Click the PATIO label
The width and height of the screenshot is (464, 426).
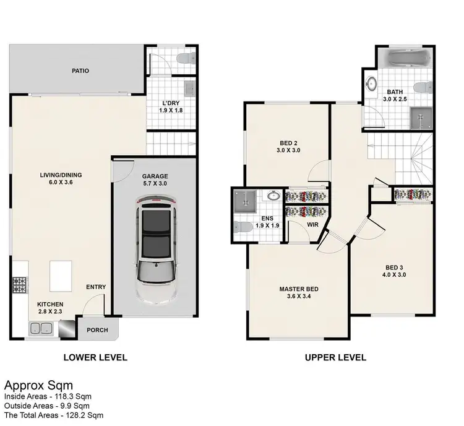[x=79, y=71]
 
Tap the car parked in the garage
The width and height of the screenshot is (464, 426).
[x=155, y=248]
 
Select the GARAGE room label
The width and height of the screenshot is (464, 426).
[x=155, y=176]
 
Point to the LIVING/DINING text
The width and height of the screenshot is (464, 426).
[x=61, y=175]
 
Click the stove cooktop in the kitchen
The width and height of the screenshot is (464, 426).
[x=19, y=285]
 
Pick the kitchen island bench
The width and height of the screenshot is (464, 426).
[x=61, y=273]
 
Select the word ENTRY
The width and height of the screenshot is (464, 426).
[x=97, y=287]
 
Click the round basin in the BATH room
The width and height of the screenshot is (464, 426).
[x=372, y=84]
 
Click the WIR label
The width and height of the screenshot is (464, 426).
[x=312, y=224]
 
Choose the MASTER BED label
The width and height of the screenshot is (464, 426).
[x=299, y=289]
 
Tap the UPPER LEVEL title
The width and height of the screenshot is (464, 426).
[x=335, y=357]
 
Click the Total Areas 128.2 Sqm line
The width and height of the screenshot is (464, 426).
[x=54, y=415]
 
